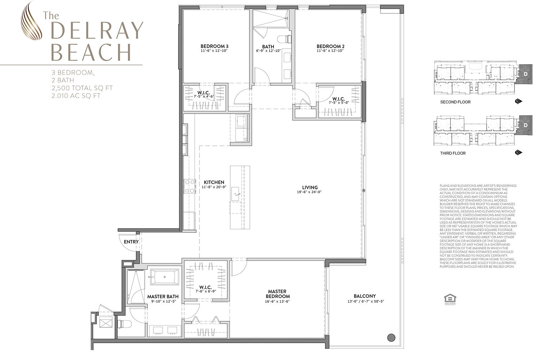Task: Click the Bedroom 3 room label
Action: point(214,46)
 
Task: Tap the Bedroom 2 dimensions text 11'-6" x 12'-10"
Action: point(330,51)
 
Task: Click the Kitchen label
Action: point(214,182)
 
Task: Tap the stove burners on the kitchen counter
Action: point(190,186)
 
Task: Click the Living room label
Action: point(310,187)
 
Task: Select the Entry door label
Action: point(131,242)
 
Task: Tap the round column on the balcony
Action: point(391,337)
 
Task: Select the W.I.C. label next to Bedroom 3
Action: point(206,92)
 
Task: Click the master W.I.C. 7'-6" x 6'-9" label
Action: point(205,289)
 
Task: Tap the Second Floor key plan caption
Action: point(455,102)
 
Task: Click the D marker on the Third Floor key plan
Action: point(526,126)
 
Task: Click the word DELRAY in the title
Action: point(97,31)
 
